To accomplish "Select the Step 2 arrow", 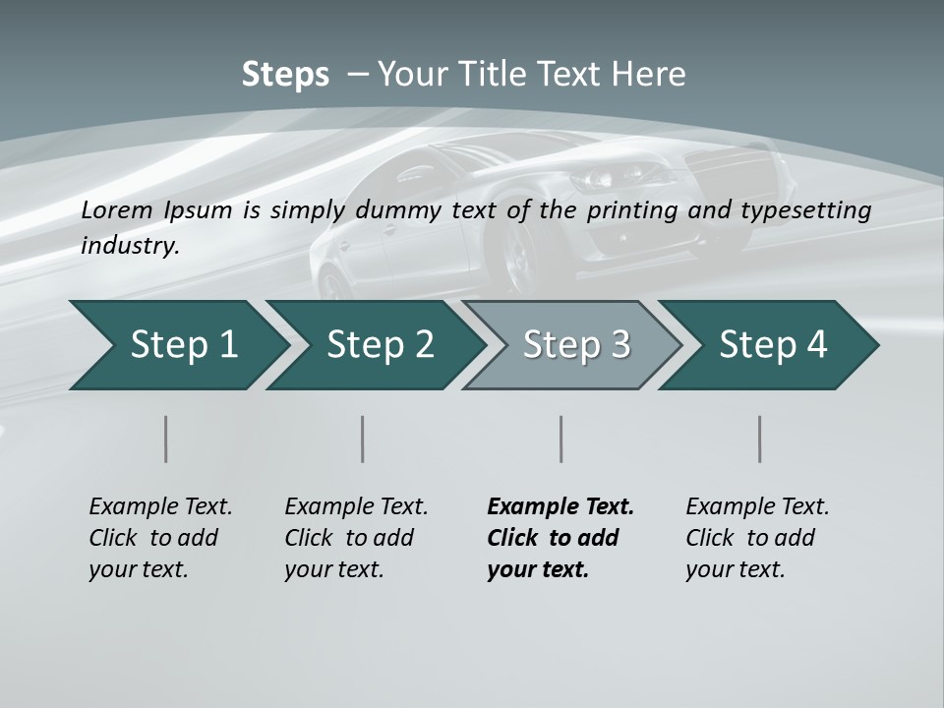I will click(x=374, y=345).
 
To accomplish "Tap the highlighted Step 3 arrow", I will click(x=570, y=345).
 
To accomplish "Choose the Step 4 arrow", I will click(x=768, y=345).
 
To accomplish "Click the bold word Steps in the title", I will click(x=285, y=75).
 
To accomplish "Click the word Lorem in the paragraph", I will click(x=117, y=210).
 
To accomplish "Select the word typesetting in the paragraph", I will click(x=809, y=210).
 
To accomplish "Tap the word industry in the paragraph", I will click(x=129, y=246).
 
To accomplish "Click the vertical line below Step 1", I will click(x=166, y=439).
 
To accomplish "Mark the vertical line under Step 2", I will click(x=363, y=439).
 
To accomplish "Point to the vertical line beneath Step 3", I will click(x=561, y=439).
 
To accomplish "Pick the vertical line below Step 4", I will click(x=760, y=439).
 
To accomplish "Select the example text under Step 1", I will click(x=160, y=538).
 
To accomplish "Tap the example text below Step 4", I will click(x=757, y=538).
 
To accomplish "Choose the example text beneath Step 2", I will click(x=356, y=538).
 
